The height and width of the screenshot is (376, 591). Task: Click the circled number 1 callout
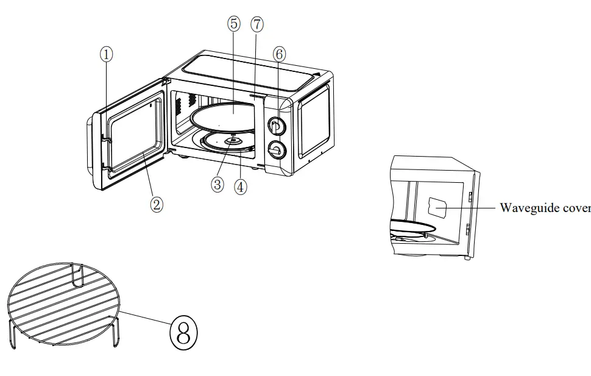(x=107, y=54)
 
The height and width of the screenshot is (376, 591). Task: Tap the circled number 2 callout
(x=157, y=205)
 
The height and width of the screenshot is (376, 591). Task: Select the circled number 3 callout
(x=218, y=185)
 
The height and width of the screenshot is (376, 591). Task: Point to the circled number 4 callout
(x=241, y=187)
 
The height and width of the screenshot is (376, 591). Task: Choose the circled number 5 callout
(x=235, y=24)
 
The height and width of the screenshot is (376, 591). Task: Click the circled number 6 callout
(x=278, y=54)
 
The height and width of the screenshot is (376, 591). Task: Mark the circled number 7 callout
(x=257, y=24)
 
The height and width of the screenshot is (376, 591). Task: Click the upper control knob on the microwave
(x=275, y=126)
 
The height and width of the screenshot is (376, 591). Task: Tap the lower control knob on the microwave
(x=277, y=149)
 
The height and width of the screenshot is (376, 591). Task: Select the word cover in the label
(x=576, y=208)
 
